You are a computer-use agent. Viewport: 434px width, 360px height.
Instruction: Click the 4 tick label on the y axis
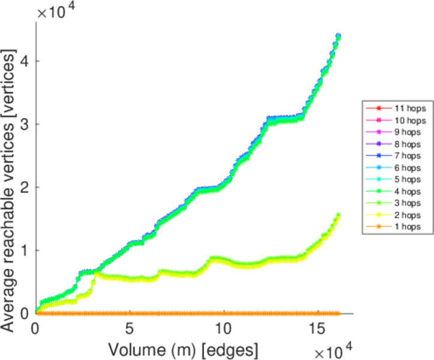(x=23, y=61)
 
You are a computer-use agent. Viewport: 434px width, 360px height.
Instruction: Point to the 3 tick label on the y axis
(x=23, y=124)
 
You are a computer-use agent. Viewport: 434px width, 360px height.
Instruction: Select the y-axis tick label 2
(x=23, y=187)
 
